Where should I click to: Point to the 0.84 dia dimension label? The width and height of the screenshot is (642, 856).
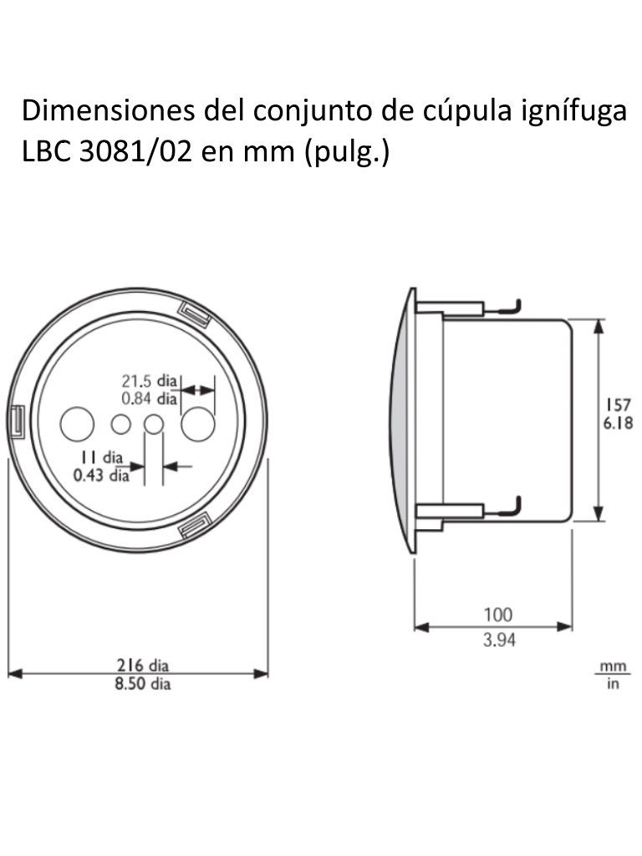150,398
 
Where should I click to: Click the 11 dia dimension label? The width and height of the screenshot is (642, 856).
101,458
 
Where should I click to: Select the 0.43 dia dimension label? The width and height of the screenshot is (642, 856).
101,476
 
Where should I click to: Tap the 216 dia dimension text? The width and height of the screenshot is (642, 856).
142,666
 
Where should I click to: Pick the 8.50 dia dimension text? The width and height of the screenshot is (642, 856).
142,684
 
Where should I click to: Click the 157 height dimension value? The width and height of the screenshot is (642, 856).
619,405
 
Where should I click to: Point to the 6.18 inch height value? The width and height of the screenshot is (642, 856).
619,423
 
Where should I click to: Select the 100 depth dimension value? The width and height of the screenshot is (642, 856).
498,614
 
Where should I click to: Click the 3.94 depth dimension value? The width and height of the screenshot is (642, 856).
498,640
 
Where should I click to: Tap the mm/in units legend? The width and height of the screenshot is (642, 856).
613,675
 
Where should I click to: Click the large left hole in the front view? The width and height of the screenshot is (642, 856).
77,424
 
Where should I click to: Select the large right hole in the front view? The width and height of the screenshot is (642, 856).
198,424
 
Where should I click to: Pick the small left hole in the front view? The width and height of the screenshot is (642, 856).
121,425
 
